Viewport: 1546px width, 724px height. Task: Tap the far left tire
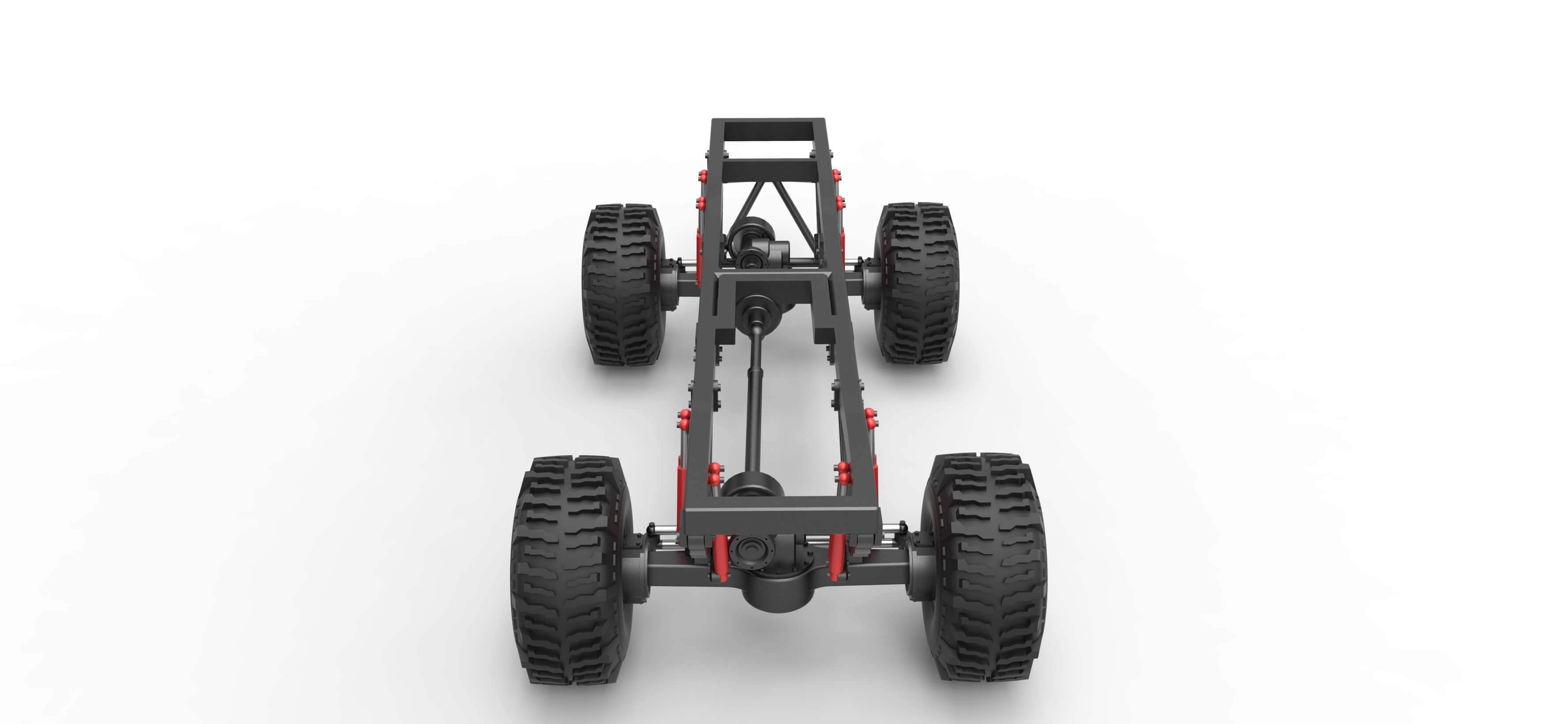click(x=621, y=285)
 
